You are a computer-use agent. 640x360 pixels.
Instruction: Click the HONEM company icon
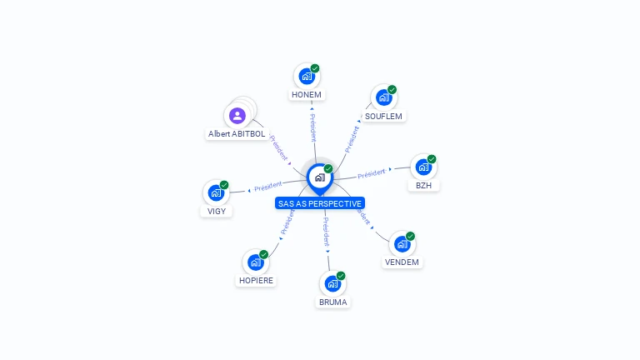[307, 77]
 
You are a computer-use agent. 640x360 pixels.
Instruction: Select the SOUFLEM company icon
[383, 97]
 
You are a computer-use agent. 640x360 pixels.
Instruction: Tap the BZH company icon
[423, 167]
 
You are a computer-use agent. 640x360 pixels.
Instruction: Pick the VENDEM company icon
[402, 244]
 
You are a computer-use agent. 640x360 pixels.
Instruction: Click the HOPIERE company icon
[256, 262]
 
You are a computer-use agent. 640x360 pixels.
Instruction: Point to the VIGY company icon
[216, 193]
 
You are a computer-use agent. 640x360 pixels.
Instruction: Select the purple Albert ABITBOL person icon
[237, 115]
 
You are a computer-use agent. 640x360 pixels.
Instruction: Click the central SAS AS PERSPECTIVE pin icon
[319, 177]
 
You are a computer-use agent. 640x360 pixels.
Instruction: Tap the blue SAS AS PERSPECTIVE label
[320, 203]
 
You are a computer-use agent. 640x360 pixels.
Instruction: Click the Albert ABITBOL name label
[236, 133]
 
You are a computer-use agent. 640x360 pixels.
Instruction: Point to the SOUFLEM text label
[384, 117]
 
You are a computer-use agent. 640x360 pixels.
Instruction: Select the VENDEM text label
[402, 262]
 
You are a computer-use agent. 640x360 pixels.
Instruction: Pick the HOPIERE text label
[256, 281]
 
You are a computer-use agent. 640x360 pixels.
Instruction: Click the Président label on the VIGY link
[268, 187]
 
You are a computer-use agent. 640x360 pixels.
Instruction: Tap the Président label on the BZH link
[371, 173]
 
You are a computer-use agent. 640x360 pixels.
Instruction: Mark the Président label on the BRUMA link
[327, 231]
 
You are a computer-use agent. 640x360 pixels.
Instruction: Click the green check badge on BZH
[432, 158]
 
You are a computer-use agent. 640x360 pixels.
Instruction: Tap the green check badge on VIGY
[224, 185]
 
